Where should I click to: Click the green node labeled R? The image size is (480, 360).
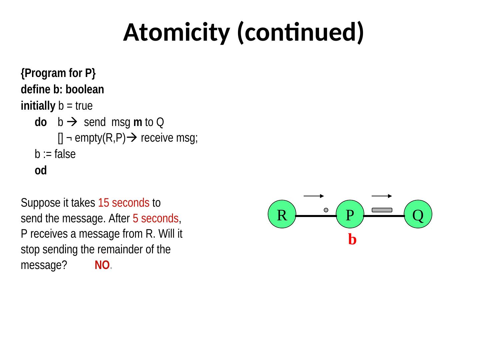click(x=282, y=214)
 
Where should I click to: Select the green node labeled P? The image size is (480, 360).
click(x=350, y=214)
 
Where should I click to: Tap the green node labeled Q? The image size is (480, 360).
click(x=418, y=214)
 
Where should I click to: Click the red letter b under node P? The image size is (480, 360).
click(x=352, y=239)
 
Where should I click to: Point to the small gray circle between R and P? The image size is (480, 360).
click(x=326, y=210)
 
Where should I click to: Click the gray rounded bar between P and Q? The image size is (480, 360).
click(x=382, y=210)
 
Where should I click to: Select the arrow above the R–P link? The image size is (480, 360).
click(x=314, y=196)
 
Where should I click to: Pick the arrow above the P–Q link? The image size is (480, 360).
click(x=382, y=196)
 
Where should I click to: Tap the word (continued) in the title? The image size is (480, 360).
click(x=300, y=33)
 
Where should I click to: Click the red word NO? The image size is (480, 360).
click(x=102, y=265)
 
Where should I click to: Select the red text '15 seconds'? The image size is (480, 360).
click(x=124, y=203)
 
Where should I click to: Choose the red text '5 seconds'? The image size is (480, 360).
click(x=156, y=219)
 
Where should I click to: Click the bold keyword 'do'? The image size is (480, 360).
click(x=41, y=123)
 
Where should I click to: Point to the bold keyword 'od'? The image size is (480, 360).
click(x=41, y=171)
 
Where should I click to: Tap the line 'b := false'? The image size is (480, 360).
click(x=55, y=154)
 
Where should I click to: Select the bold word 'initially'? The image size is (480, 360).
click(x=38, y=106)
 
